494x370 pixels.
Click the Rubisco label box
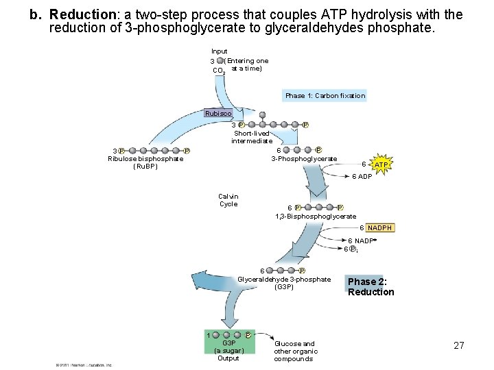218,113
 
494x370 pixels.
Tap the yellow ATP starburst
381,165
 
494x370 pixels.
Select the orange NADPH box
380,227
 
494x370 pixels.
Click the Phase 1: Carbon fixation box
325,96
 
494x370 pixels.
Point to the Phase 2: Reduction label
370,286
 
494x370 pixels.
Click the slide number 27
459,345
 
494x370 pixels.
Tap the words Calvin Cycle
228,200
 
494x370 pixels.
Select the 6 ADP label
362,177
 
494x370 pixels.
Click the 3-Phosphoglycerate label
304,159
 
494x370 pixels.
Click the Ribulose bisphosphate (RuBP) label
145,162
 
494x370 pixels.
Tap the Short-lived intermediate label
252,137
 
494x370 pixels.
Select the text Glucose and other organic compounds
294,351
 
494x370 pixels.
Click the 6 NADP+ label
362,241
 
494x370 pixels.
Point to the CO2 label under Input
219,71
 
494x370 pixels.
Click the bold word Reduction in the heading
93,14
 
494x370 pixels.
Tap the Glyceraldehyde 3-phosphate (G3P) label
284,283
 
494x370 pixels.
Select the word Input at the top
220,51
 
